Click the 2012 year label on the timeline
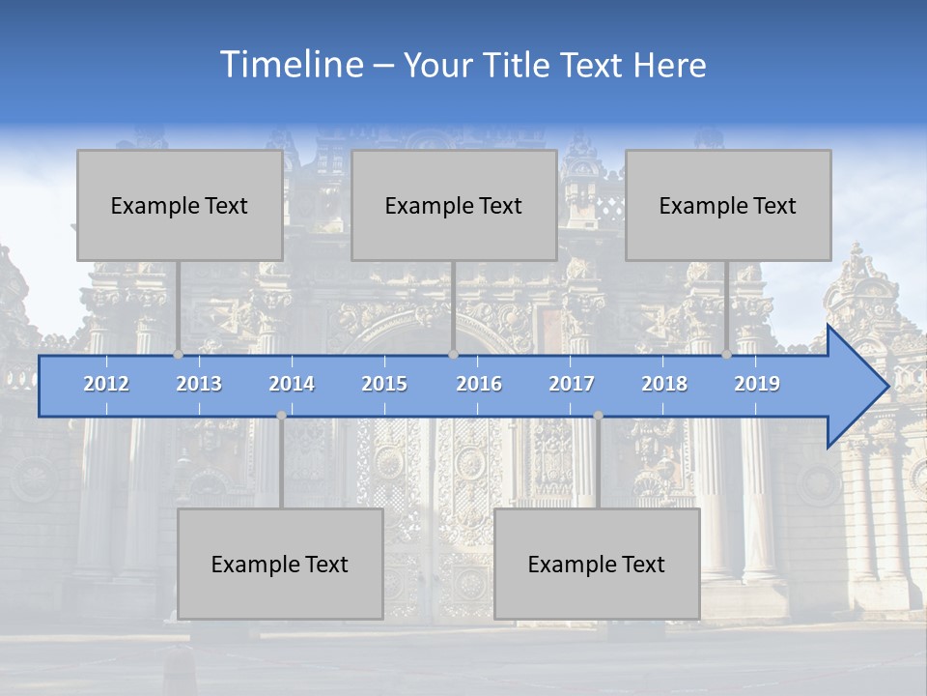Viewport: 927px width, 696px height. (106, 384)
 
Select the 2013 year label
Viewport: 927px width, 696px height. (199, 384)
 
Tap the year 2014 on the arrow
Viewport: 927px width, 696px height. (292, 384)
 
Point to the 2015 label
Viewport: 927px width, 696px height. (384, 384)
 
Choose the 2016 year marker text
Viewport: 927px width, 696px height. (479, 384)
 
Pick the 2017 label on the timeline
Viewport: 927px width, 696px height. (572, 384)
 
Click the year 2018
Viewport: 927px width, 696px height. (664, 384)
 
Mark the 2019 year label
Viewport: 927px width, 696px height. (757, 384)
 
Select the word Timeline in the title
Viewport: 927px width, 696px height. (290, 65)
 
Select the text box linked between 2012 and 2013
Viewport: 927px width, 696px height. (180, 205)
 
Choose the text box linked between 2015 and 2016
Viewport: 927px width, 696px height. (454, 205)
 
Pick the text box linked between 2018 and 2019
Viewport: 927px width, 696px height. (728, 205)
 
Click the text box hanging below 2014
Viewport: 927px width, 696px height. (280, 564)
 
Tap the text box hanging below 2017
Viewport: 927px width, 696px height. (597, 564)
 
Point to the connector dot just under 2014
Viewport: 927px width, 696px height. (281, 416)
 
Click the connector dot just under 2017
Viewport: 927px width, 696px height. (598, 416)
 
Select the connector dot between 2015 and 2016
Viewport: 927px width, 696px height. (453, 354)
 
